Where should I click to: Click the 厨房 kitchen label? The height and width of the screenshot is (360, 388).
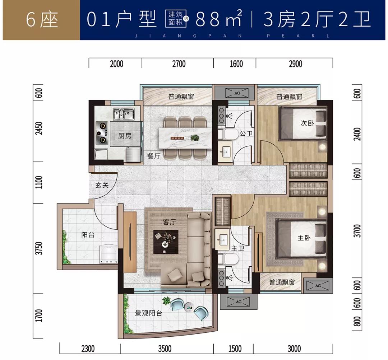125,136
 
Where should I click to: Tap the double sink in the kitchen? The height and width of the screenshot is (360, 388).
122,114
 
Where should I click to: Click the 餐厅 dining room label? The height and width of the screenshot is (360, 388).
153,156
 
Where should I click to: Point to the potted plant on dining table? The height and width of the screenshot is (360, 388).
195,137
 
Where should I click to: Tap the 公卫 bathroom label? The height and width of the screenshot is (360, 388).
246,134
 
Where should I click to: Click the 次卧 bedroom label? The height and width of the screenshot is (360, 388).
307,123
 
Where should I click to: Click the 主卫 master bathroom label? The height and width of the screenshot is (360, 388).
237,248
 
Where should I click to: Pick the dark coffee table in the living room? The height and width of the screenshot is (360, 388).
166,241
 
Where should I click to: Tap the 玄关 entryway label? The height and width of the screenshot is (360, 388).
102,185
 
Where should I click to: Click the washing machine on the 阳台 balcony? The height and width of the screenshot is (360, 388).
107,254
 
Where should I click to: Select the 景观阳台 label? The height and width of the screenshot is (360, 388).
148,313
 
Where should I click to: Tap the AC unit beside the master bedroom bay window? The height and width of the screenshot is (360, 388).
318,286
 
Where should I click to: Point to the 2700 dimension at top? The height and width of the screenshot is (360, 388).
179,64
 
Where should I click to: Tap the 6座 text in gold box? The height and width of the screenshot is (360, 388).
42,20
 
